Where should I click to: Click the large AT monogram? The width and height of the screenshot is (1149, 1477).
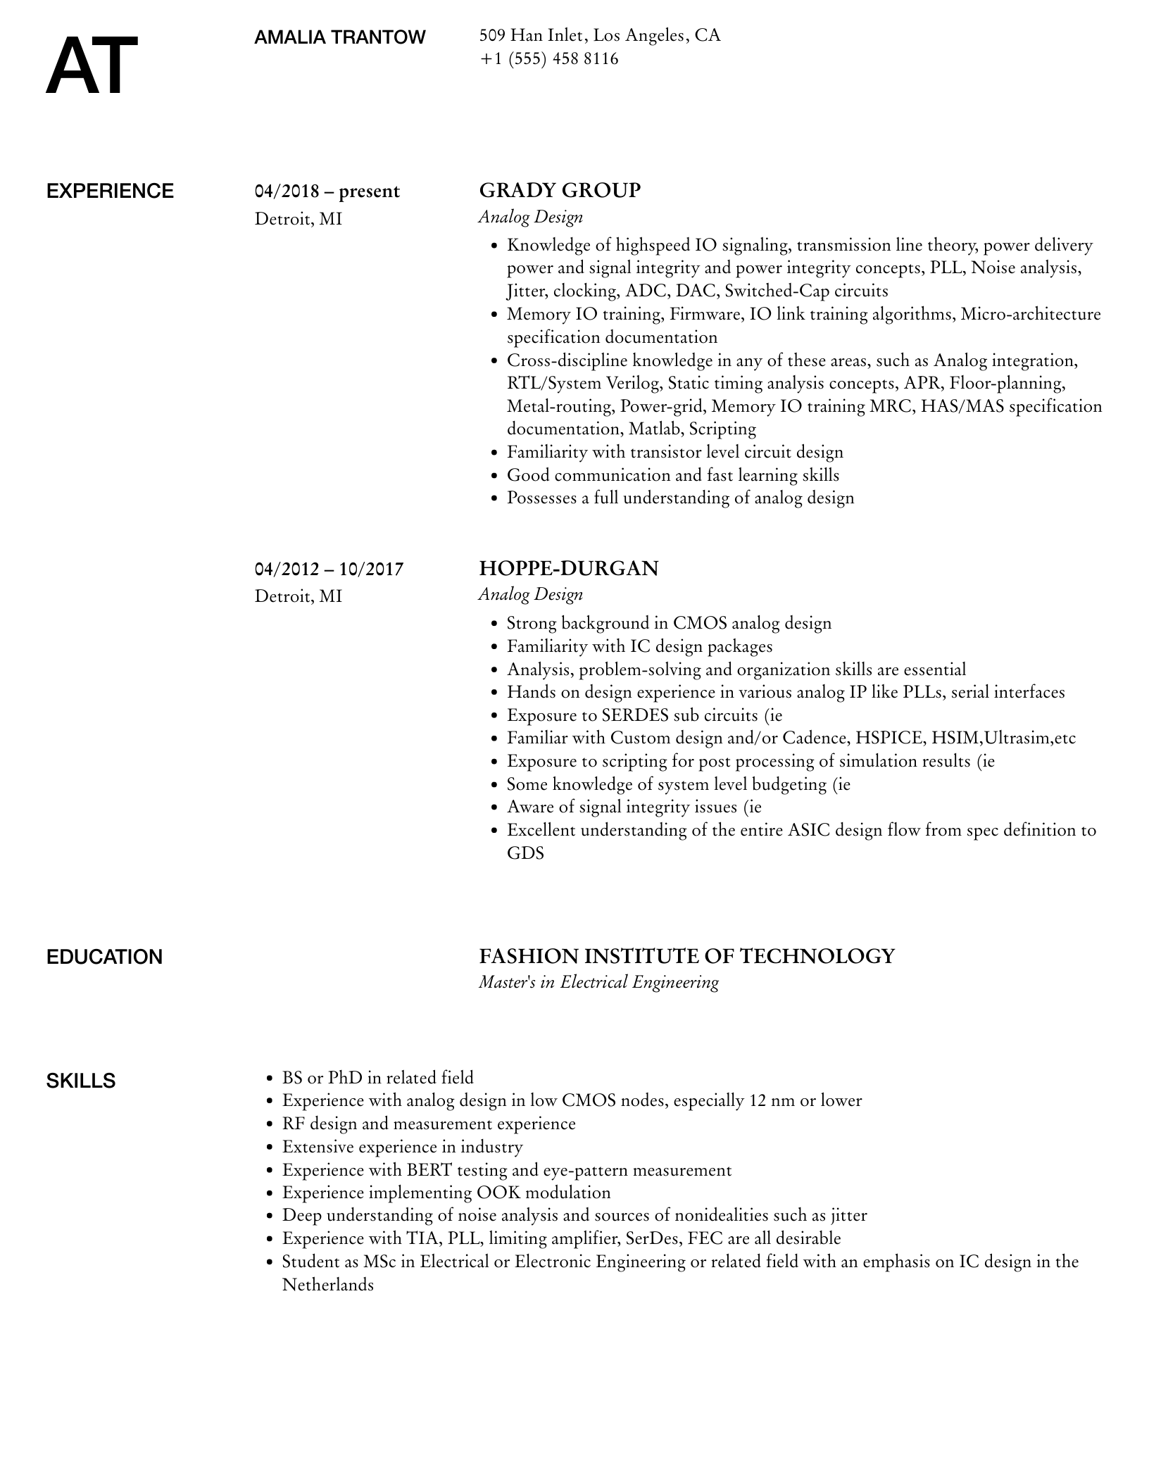coord(92,67)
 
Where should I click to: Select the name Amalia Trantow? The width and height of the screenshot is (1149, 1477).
coord(339,37)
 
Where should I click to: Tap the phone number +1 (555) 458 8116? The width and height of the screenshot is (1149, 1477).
coord(548,58)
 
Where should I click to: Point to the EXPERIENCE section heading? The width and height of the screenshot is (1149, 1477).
coord(110,191)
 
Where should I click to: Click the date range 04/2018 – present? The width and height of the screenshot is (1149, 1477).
coord(327,191)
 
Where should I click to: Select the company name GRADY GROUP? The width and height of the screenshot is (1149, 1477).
coord(560,191)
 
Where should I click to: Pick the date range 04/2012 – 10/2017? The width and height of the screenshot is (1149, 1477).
coord(329,569)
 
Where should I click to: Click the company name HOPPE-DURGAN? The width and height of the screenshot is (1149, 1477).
coord(568,568)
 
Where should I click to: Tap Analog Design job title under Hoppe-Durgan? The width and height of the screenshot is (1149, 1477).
coord(531,595)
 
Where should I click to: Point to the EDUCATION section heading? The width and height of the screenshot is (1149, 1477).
coord(104,957)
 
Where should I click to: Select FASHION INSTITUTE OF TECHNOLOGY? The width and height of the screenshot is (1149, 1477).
coord(686,956)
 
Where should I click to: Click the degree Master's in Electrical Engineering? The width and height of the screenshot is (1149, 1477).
coord(598,982)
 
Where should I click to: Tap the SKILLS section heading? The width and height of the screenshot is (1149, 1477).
coord(81,1081)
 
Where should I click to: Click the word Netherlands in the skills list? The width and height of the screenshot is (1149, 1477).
coord(327,1285)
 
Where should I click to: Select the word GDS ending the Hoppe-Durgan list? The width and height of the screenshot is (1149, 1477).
coord(525,853)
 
